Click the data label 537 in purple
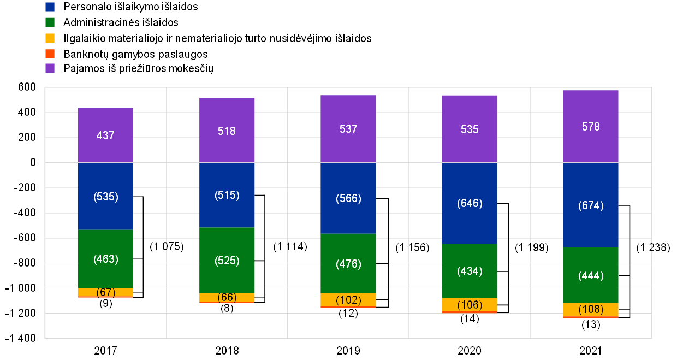tap(348, 129)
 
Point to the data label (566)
tap(348, 198)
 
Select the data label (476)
tap(348, 264)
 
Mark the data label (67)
tap(105, 292)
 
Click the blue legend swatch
tap(50, 7)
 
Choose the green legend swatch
tap(50, 22)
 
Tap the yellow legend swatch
tap(50, 38)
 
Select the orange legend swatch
tap(50, 54)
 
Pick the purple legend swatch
tap(50, 68)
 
